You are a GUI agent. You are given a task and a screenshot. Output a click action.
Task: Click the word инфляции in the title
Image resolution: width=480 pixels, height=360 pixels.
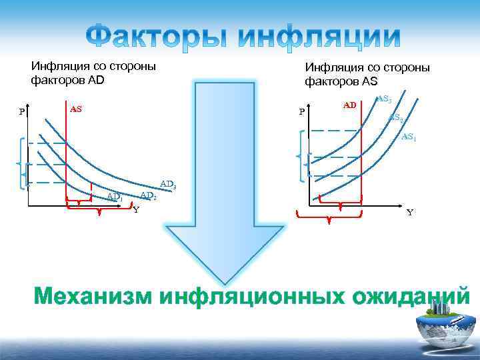pos(320,37)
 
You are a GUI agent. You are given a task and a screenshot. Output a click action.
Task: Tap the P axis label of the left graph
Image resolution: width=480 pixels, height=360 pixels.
pos(22,112)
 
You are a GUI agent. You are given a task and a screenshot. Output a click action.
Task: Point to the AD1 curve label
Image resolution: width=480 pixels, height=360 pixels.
pos(115,197)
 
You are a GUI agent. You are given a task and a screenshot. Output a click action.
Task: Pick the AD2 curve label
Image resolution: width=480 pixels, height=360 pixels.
pos(148,195)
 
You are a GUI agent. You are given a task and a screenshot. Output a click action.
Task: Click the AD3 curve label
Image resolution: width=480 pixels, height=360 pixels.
pos(167,183)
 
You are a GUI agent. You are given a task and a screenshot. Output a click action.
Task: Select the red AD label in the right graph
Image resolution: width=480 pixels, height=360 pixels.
pos(350,105)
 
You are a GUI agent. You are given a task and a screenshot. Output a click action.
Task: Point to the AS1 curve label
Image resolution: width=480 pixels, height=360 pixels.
pos(409,137)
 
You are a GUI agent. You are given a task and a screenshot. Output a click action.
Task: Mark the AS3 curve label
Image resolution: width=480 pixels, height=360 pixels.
pos(384,99)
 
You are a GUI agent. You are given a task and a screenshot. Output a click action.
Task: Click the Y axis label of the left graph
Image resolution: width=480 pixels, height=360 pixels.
pos(136,210)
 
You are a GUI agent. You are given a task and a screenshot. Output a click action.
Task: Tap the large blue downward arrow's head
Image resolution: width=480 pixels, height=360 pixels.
pos(225,253)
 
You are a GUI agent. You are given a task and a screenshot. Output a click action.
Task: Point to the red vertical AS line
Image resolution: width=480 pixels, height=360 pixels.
pos(65,153)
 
